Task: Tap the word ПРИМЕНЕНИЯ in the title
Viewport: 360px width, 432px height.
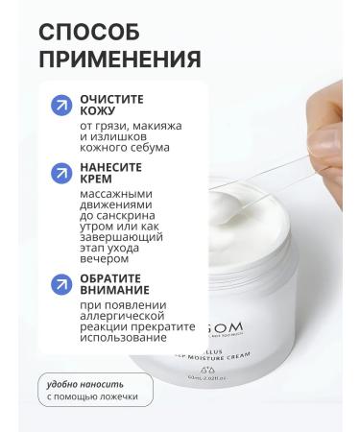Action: click(120, 60)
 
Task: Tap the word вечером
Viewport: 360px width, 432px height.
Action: click(105, 259)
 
